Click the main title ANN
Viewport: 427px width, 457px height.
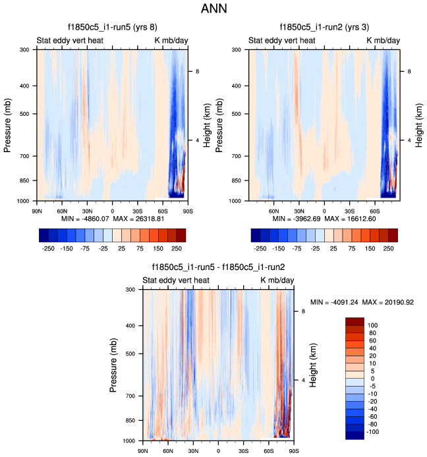(213, 9)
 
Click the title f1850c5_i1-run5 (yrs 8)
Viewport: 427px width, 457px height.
(112, 28)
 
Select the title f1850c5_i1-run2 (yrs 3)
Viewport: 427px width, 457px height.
(324, 28)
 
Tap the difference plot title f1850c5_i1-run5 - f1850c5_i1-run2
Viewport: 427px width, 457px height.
(218, 267)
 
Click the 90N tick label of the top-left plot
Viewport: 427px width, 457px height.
(37, 211)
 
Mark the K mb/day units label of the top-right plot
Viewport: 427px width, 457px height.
(384, 41)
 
